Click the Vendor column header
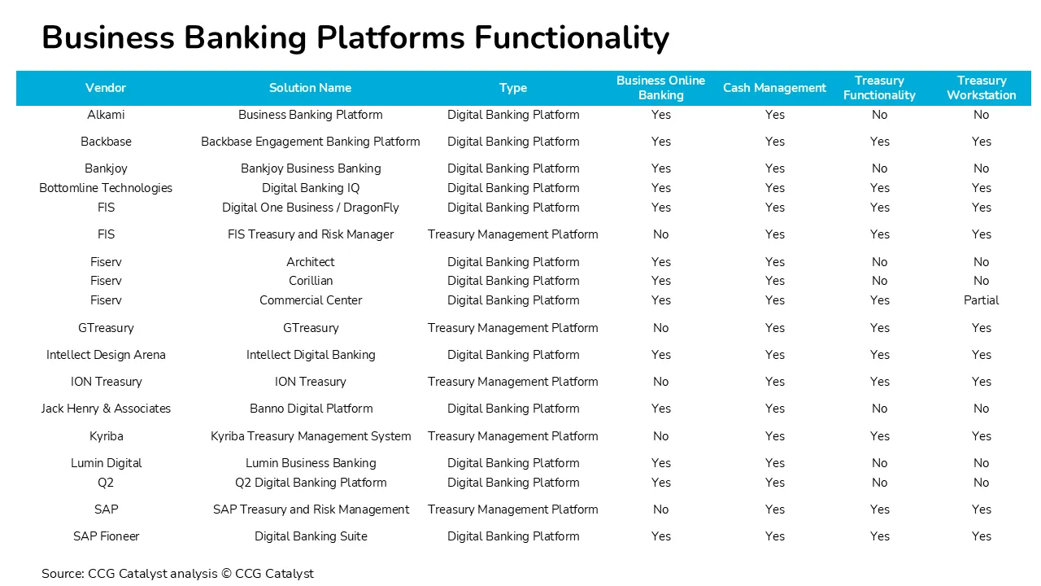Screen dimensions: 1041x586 [106, 88]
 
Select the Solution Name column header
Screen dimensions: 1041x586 [310, 88]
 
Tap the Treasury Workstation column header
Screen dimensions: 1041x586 [982, 88]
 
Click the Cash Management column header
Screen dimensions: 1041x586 [774, 88]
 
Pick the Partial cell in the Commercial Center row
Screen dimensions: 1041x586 [981, 300]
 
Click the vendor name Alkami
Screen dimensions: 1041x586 [106, 115]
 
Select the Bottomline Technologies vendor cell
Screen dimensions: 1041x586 [106, 188]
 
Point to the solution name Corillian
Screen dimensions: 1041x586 [311, 281]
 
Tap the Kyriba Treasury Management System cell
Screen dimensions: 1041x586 [311, 437]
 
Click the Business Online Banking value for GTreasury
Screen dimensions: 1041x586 [660, 328]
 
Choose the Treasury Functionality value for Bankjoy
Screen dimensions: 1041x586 [879, 168]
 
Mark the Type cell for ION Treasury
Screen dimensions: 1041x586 [512, 382]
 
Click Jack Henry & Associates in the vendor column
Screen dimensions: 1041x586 [106, 409]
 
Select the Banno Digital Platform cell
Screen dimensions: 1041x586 [311, 409]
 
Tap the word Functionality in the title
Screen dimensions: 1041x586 [572, 38]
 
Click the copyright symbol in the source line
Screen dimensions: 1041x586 [226, 574]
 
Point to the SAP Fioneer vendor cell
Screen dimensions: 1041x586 [106, 536]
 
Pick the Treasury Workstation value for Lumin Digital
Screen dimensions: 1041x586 [981, 463]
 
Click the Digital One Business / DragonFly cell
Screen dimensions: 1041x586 [311, 208]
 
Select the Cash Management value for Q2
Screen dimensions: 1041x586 [775, 483]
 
